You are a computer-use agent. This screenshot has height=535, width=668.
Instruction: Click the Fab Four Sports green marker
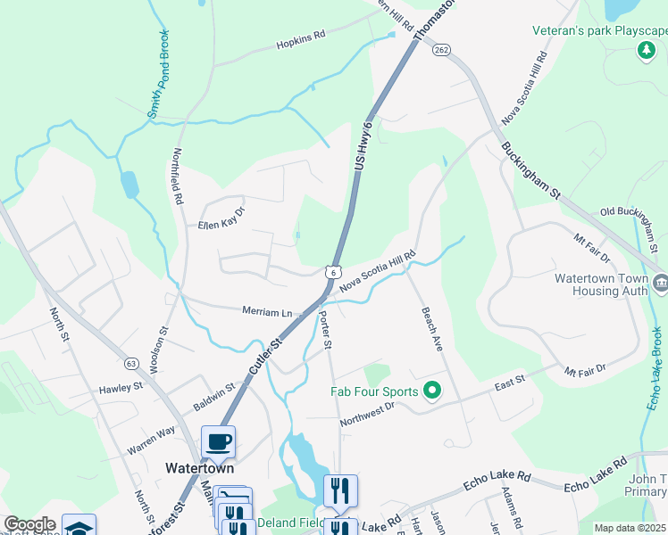click(433, 391)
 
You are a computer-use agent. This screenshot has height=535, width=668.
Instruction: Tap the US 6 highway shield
click(332, 271)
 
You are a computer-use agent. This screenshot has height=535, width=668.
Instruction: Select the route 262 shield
click(442, 51)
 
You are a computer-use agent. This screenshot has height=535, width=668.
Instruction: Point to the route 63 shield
click(131, 363)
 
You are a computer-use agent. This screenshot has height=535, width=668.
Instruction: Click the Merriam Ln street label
click(267, 312)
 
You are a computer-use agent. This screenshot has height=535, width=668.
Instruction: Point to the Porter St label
click(326, 330)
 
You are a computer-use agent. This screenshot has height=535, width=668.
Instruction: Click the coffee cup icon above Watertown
click(218, 441)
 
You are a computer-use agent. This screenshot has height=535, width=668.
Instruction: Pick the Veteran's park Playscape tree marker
click(647, 51)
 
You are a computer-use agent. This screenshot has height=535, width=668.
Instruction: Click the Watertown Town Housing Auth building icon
click(661, 284)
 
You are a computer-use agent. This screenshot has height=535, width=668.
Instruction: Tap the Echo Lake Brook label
click(655, 370)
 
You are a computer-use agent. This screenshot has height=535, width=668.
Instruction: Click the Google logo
click(29, 524)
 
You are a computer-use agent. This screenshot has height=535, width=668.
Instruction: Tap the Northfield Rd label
click(178, 177)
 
